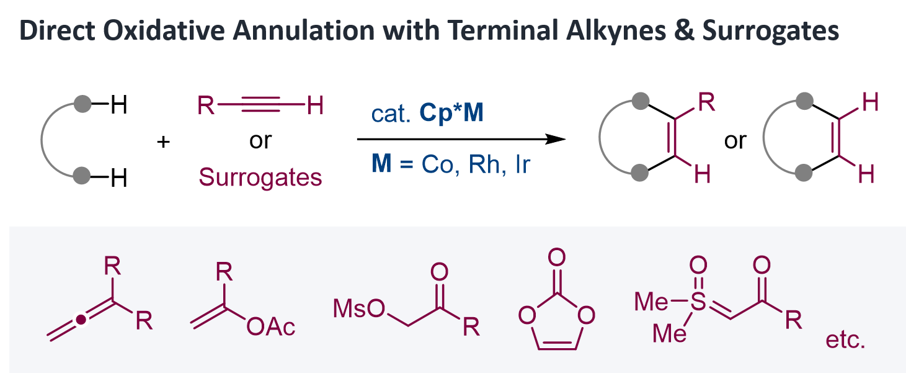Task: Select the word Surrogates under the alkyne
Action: (x=260, y=178)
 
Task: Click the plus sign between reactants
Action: (x=164, y=142)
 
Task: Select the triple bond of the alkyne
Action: (x=260, y=107)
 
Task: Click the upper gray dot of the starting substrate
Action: (x=82, y=104)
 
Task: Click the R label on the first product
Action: (x=706, y=103)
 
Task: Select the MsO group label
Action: (x=358, y=308)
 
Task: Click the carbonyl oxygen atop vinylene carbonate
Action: (x=557, y=256)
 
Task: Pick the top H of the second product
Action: (x=869, y=103)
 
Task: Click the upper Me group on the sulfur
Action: (x=653, y=303)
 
